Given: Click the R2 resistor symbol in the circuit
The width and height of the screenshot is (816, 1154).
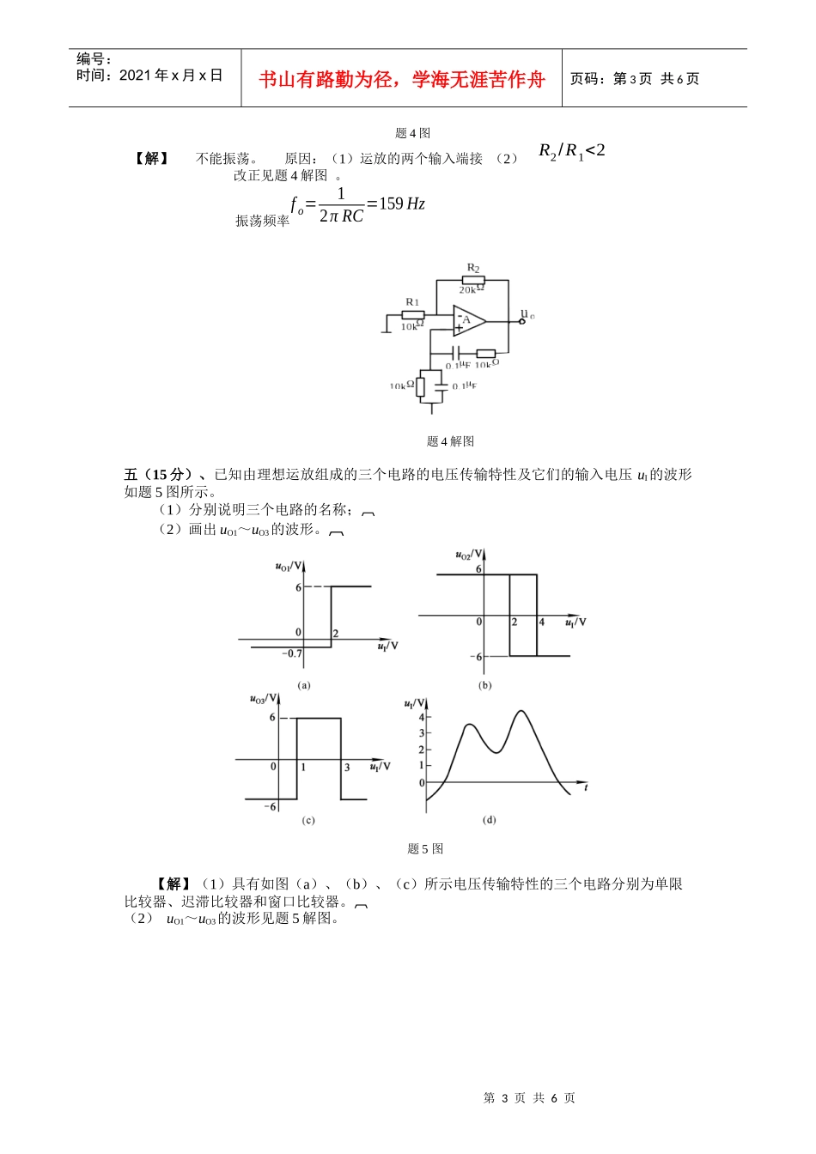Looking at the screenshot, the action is pyautogui.click(x=473, y=280).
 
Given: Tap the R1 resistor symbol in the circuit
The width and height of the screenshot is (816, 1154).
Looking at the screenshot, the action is pyautogui.click(x=413, y=315).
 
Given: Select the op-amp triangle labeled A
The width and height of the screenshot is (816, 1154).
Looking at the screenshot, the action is pyautogui.click(x=469, y=321).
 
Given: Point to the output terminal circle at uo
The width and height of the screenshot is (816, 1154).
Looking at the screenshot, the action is pyautogui.click(x=521, y=322).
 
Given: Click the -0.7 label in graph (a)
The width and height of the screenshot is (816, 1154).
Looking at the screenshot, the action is pyautogui.click(x=292, y=653).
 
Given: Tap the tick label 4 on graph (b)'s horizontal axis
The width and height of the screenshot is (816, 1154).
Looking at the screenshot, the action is pyautogui.click(x=541, y=623).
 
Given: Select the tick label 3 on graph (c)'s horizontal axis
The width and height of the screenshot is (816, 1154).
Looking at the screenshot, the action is pyautogui.click(x=347, y=767).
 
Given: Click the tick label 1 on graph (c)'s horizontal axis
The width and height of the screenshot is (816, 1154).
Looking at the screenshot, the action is pyautogui.click(x=303, y=767).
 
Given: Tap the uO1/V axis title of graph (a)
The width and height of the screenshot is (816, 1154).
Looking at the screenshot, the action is pyautogui.click(x=289, y=566).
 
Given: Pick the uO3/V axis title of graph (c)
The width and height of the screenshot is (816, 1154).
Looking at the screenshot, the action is pyautogui.click(x=263, y=699).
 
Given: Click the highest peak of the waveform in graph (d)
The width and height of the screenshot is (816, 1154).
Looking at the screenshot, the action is pyautogui.click(x=521, y=711).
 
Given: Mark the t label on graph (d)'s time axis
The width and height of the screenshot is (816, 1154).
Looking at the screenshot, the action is pyautogui.click(x=586, y=787).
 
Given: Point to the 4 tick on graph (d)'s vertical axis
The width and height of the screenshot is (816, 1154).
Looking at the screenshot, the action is pyautogui.click(x=422, y=716).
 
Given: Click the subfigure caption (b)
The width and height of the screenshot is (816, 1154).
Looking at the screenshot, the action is pyautogui.click(x=484, y=685).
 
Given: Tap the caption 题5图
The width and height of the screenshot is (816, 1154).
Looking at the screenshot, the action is pyautogui.click(x=425, y=848).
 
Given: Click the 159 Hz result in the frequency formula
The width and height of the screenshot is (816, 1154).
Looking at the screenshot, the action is pyautogui.click(x=402, y=203).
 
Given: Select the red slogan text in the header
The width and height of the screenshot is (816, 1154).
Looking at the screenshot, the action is pyautogui.click(x=402, y=80).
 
